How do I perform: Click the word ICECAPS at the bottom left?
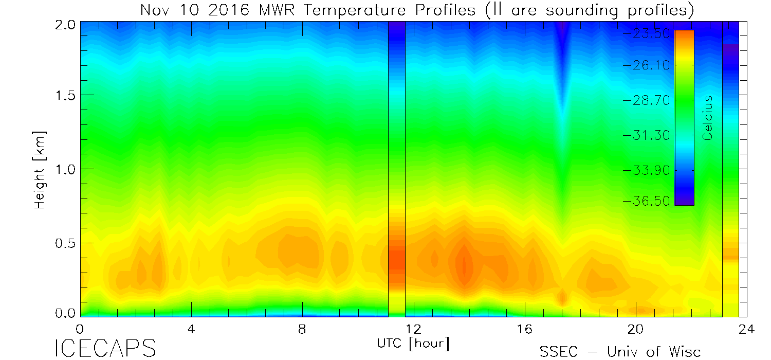(105, 348)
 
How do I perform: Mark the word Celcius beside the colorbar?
(708, 118)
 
